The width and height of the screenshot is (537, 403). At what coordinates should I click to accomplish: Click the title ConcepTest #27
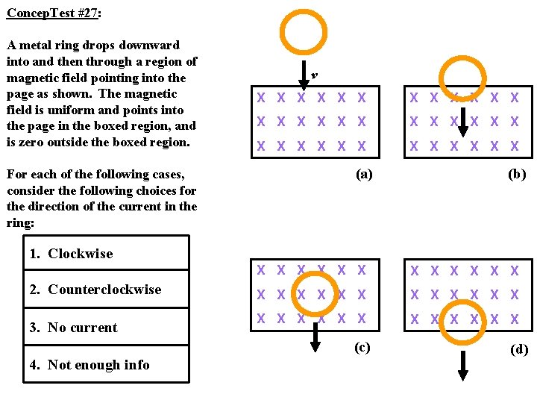tap(53, 13)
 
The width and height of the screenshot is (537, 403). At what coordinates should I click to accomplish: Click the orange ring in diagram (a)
tap(304, 34)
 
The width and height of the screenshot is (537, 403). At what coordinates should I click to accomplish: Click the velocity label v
tap(315, 75)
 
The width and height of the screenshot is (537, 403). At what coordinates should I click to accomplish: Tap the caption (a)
tap(363, 174)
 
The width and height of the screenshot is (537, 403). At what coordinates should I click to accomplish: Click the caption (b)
tap(516, 174)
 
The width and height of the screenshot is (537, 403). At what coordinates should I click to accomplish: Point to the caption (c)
tap(361, 347)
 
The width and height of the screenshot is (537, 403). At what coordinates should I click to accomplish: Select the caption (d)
tap(518, 349)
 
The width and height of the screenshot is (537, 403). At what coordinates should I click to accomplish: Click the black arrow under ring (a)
tap(304, 75)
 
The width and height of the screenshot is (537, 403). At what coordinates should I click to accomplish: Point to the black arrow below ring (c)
tap(315, 337)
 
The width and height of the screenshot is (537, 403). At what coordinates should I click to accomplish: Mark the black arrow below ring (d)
tap(463, 365)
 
